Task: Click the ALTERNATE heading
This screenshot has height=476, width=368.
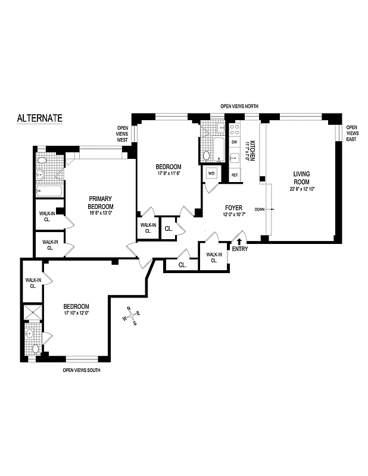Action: tap(39, 118)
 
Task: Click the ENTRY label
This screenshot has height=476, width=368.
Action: tap(240, 249)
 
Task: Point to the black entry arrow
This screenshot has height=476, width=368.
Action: tap(240, 241)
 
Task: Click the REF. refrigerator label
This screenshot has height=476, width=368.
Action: tap(235, 175)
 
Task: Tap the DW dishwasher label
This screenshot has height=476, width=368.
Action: tap(235, 142)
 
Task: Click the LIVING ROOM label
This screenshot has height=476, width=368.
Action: tap(301, 177)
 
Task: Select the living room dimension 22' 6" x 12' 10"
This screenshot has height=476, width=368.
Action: tap(301, 189)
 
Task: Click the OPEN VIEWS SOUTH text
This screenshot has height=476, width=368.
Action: tap(82, 370)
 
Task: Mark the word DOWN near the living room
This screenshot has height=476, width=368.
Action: tap(260, 209)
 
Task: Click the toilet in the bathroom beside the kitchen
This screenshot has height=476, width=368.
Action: tap(206, 156)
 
